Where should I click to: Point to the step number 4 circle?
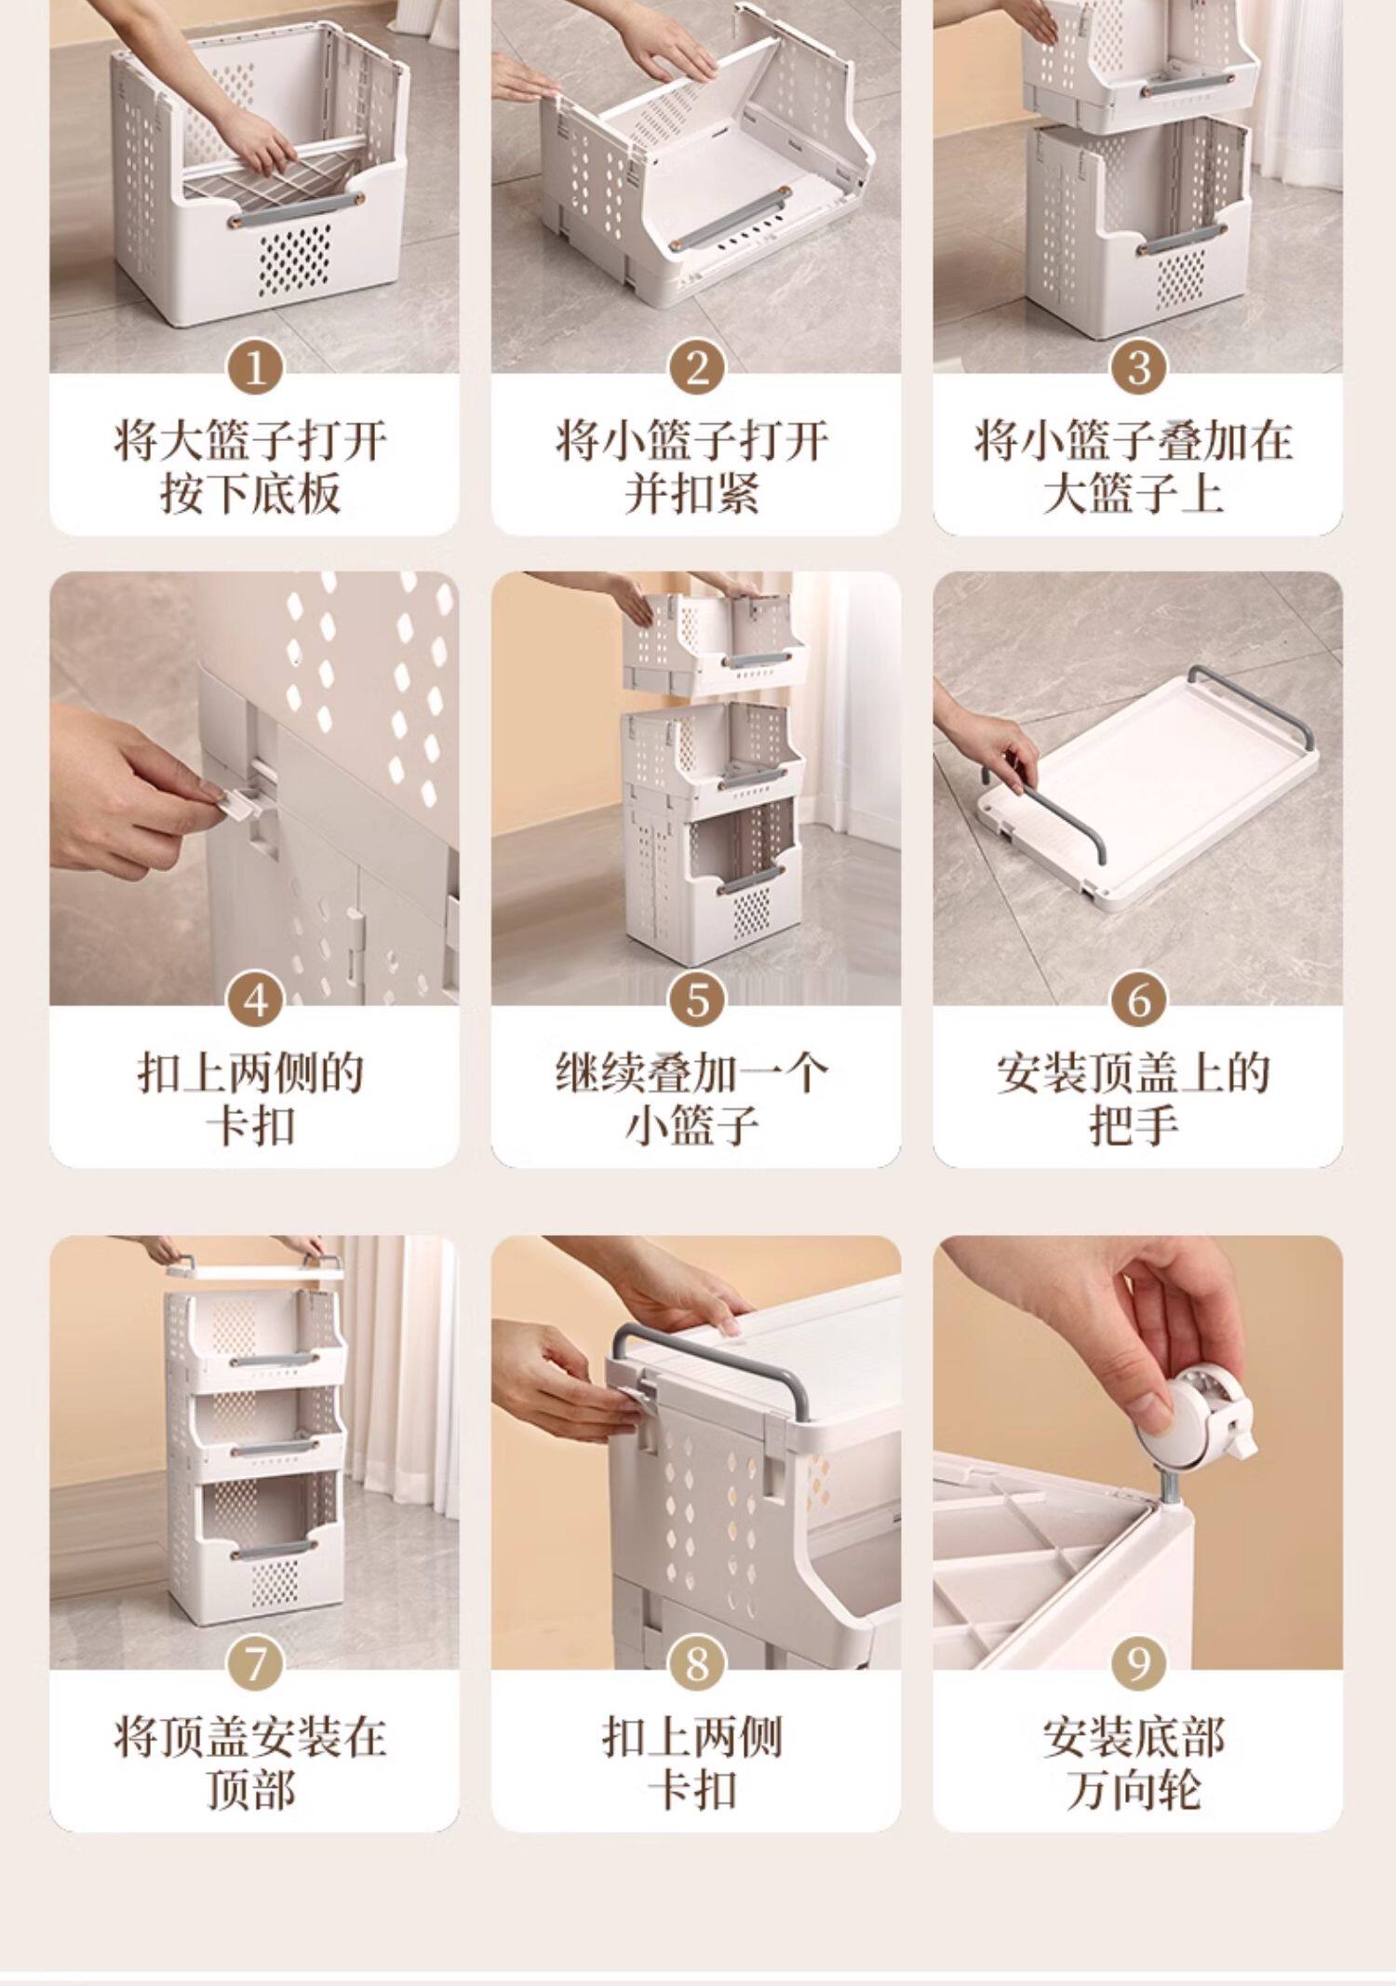coord(255,1002)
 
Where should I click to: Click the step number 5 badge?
coord(697,1002)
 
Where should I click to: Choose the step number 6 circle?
coord(1138,1002)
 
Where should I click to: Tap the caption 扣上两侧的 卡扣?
coord(250,1099)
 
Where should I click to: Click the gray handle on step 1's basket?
coord(292,223)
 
